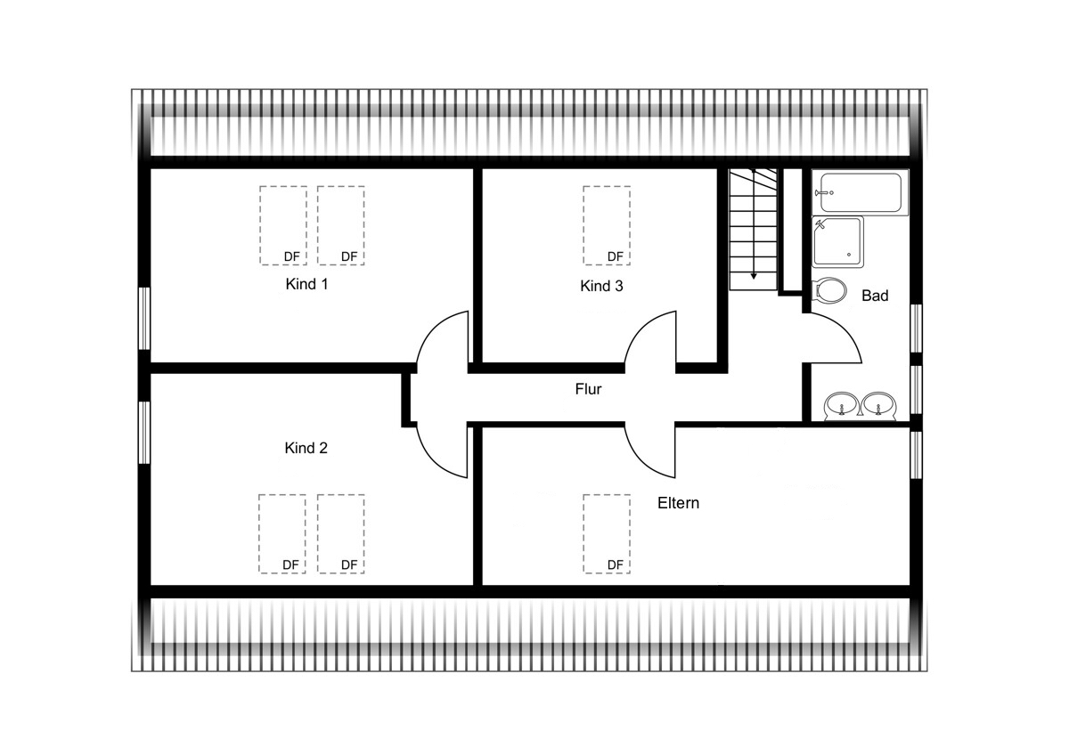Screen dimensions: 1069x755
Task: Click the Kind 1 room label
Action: coord(306,284)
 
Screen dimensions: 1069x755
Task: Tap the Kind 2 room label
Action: coord(306,448)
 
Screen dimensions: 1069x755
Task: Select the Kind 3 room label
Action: coord(601,286)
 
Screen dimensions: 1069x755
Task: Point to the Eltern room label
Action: coord(678,503)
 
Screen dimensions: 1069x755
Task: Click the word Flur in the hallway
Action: coord(588,389)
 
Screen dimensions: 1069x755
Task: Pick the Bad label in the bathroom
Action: coord(875,296)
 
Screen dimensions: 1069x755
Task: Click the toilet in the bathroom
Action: coord(829,290)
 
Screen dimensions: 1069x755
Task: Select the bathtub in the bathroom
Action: coord(860,192)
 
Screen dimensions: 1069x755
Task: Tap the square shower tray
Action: coord(837,242)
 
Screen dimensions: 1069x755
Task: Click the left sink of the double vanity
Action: coord(842,407)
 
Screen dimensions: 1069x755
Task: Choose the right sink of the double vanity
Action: coord(878,407)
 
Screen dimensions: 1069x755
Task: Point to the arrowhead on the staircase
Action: coord(754,276)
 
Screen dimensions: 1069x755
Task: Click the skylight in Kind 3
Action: coord(607,225)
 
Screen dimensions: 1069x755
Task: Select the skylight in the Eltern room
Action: coord(607,533)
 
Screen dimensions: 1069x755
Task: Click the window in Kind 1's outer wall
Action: coord(144,318)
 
